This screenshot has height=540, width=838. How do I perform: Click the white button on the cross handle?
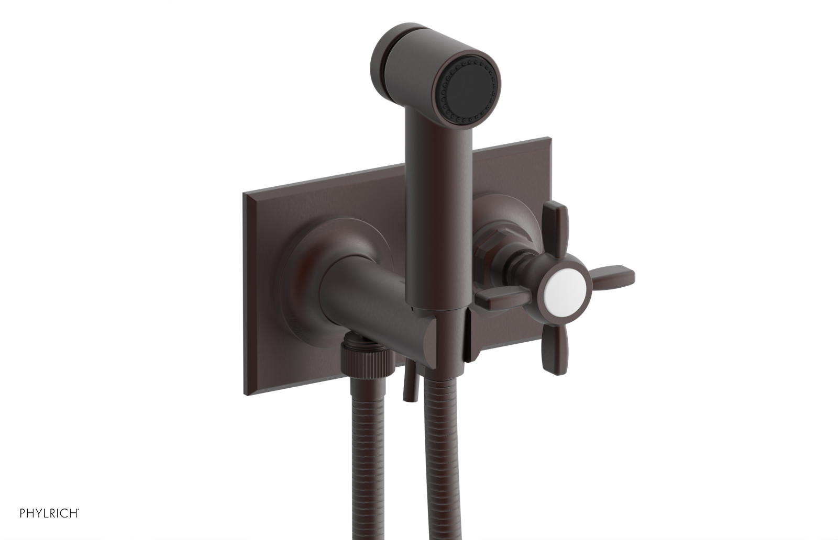[560, 287]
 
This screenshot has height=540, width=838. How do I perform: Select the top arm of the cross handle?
[556, 225]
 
